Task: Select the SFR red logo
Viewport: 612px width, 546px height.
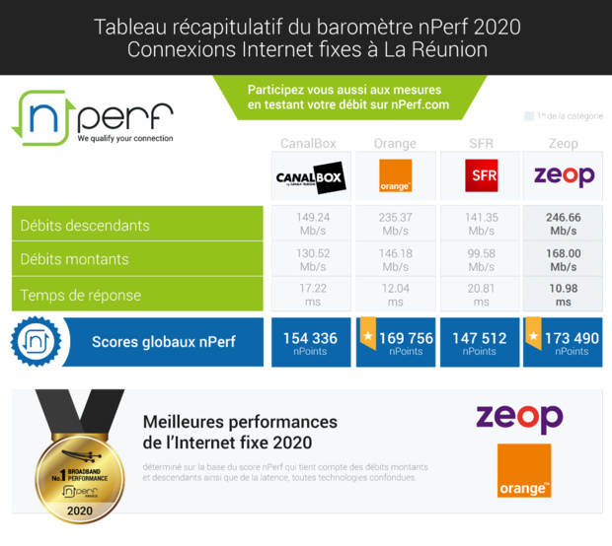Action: pyautogui.click(x=481, y=177)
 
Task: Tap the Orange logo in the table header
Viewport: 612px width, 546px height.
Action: pyautogui.click(x=395, y=176)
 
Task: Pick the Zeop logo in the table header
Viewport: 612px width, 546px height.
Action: pyautogui.click(x=564, y=176)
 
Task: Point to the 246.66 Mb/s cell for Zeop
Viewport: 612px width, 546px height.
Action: pyautogui.click(x=564, y=225)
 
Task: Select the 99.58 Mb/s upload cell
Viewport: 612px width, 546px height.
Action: pyautogui.click(x=481, y=260)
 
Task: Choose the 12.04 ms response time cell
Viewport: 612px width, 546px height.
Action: pyautogui.click(x=395, y=295)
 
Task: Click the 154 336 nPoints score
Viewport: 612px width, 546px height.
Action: pyautogui.click(x=310, y=342)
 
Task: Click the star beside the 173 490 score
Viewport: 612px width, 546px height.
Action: pyautogui.click(x=534, y=336)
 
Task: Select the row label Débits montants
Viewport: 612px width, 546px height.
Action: pyautogui.click(x=75, y=260)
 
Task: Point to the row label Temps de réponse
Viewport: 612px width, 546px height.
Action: pyautogui.click(x=81, y=295)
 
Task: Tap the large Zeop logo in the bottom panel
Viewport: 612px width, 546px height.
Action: pyautogui.click(x=519, y=417)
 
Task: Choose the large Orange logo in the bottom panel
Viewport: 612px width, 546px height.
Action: pyautogui.click(x=523, y=471)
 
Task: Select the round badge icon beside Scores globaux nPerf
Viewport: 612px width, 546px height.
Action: pyautogui.click(x=37, y=342)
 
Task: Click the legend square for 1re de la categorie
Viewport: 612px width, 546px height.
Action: pyautogui.click(x=529, y=116)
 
